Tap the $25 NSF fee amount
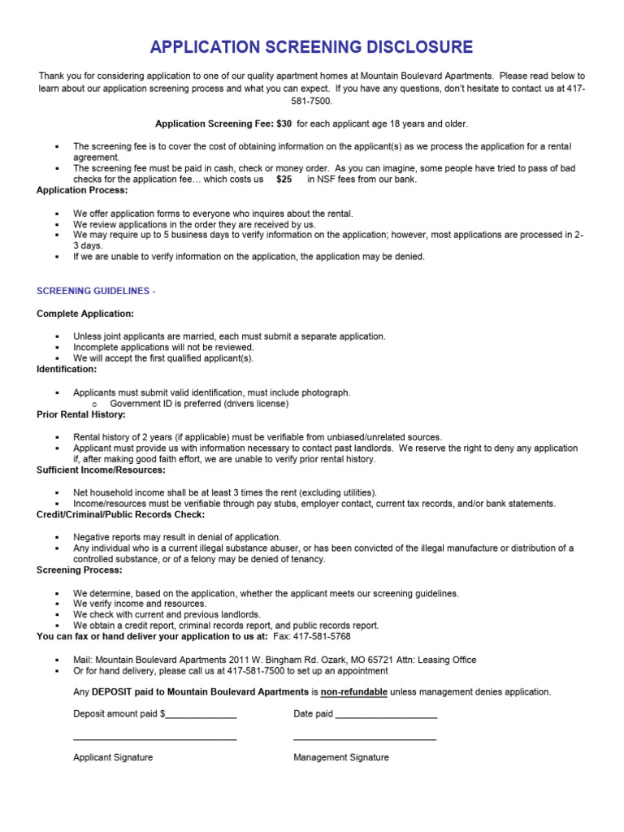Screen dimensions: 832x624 point(284,180)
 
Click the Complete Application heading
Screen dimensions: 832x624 point(85,314)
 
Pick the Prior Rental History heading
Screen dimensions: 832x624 point(81,414)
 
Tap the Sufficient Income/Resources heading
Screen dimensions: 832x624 point(101,470)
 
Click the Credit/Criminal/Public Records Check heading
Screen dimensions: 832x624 point(120,514)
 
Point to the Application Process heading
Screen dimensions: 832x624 point(82,190)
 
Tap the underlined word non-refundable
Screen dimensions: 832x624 point(353,692)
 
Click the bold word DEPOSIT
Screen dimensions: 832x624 point(118,692)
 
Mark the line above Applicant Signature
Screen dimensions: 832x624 point(154,739)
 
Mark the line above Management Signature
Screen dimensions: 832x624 point(364,739)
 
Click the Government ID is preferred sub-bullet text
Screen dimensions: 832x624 point(199,403)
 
